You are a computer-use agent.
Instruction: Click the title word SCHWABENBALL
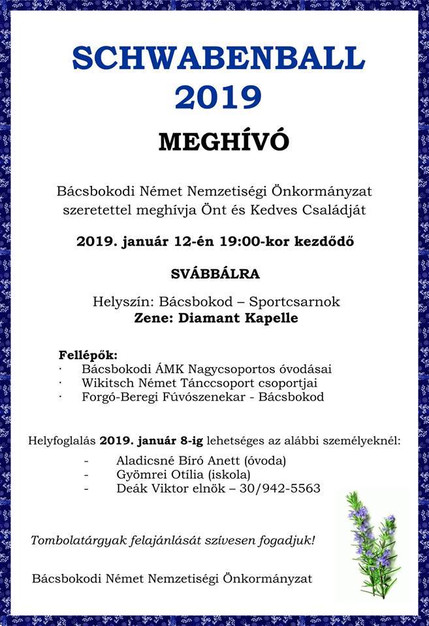click(218, 59)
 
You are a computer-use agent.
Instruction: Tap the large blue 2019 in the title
click(218, 96)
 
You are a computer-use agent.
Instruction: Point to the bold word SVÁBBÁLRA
click(215, 274)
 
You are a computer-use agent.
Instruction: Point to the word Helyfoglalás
click(62, 440)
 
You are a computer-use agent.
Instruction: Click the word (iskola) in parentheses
click(228, 474)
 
